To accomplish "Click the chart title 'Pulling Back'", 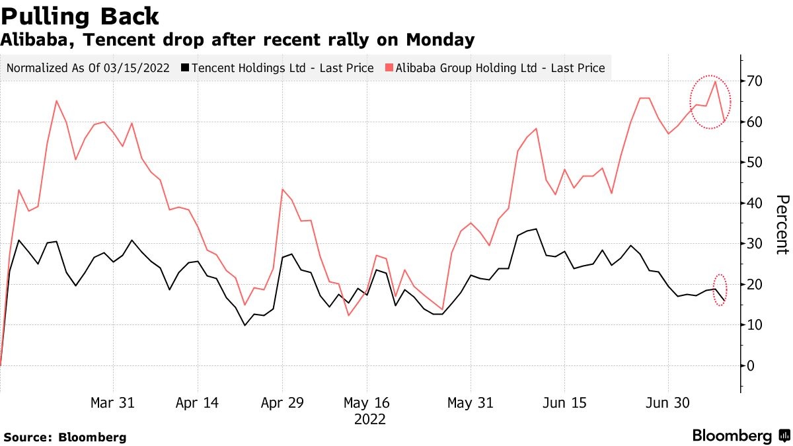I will coord(79,15).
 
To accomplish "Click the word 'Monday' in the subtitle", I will coord(440,40).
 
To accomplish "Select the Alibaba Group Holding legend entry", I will coord(495,68).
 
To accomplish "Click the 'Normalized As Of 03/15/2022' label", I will coord(89,68).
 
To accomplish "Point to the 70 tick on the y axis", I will coord(755,81).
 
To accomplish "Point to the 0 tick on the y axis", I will coord(751,365).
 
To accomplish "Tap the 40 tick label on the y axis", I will coord(755,204).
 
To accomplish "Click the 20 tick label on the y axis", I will coord(755,285).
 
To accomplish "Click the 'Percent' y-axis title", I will coord(782,224).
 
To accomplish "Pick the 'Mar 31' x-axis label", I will coord(113,403).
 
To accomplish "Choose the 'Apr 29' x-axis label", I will coord(282,403).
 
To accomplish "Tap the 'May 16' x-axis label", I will coord(367,403).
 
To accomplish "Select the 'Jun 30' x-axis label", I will coord(668,403).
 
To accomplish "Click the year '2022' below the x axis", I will coord(370,419).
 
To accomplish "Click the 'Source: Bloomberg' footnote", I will coord(65,437).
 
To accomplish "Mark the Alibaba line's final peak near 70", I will coord(715,81).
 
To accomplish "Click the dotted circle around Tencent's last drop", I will coord(720,289).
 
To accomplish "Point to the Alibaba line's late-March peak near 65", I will coord(56,101).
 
